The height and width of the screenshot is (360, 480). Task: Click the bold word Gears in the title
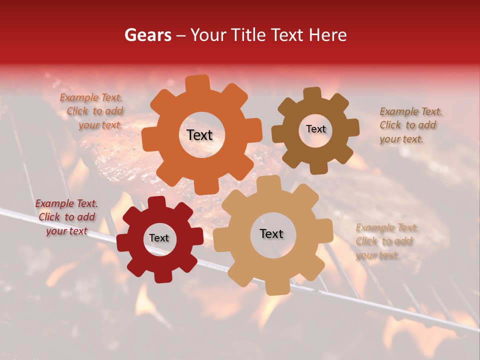tap(147, 35)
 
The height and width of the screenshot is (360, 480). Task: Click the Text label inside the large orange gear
tap(199, 135)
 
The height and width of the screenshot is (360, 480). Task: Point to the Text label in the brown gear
tap(315, 129)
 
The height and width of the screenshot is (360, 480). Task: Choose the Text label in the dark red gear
tap(159, 238)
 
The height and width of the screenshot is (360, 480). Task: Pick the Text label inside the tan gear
tap(271, 234)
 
